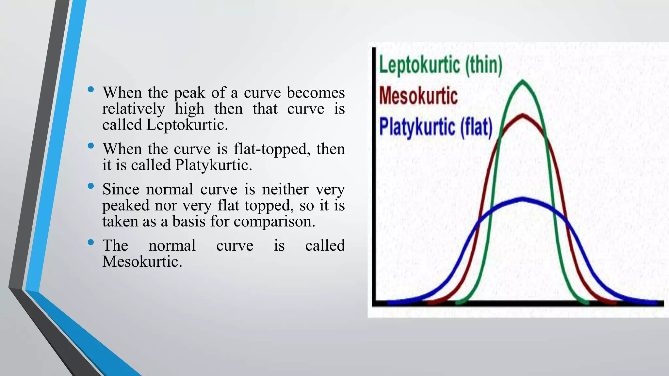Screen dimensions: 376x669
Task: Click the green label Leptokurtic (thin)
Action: pyautogui.click(x=440, y=65)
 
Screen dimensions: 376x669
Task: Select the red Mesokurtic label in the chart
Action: pyautogui.click(x=418, y=96)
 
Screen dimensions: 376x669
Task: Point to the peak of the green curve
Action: pyautogui.click(x=523, y=81)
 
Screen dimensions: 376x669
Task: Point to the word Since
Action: pyautogui.click(x=120, y=189)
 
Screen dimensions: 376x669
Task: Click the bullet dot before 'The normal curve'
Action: pyautogui.click(x=91, y=243)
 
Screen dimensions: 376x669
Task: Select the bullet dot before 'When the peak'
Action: pyautogui.click(x=91, y=89)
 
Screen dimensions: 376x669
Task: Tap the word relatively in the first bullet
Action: pyautogui.click(x=133, y=109)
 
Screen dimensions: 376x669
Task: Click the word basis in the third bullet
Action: pyautogui.click(x=188, y=222)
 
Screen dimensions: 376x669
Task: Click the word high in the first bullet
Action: pyautogui.click(x=189, y=109)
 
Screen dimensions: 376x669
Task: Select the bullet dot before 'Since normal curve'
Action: pyautogui.click(x=91, y=186)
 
